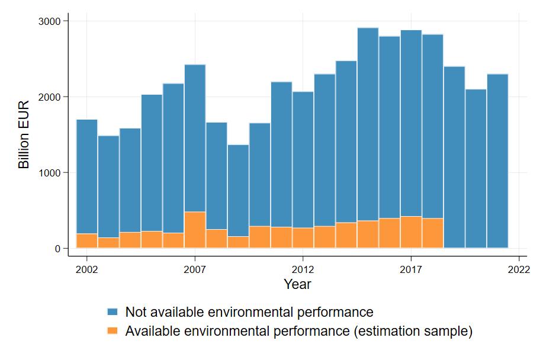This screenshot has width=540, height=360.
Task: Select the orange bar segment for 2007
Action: click(x=195, y=230)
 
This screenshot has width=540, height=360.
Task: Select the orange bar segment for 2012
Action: click(x=303, y=237)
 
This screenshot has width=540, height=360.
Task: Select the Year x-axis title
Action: click(x=297, y=285)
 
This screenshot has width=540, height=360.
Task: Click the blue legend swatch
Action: click(x=112, y=312)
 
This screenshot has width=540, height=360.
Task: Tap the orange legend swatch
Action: click(x=112, y=331)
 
